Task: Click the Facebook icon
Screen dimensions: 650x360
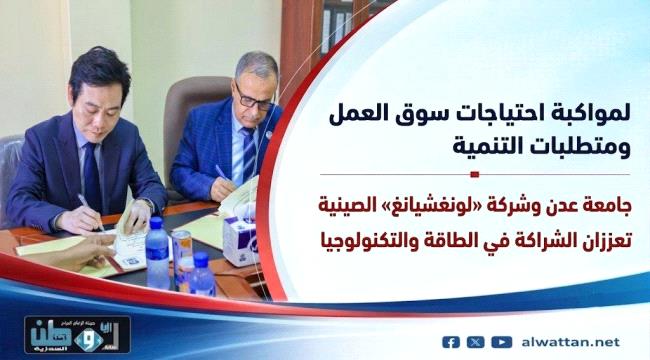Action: pos(451,343)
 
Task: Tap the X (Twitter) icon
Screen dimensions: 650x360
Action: pos(475,343)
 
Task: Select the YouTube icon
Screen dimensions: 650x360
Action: pos(502,343)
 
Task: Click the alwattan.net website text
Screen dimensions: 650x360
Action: pos(571,343)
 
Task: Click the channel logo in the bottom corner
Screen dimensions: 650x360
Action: pos(78,334)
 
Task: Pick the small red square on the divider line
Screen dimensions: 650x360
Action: pos(475,175)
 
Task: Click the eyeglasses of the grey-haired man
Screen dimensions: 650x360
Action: pos(254,99)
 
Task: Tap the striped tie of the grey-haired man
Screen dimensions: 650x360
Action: pos(249,153)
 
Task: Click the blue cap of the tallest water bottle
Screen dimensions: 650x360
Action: pos(156,224)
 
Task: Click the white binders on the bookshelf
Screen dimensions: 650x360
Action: pos(337,24)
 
